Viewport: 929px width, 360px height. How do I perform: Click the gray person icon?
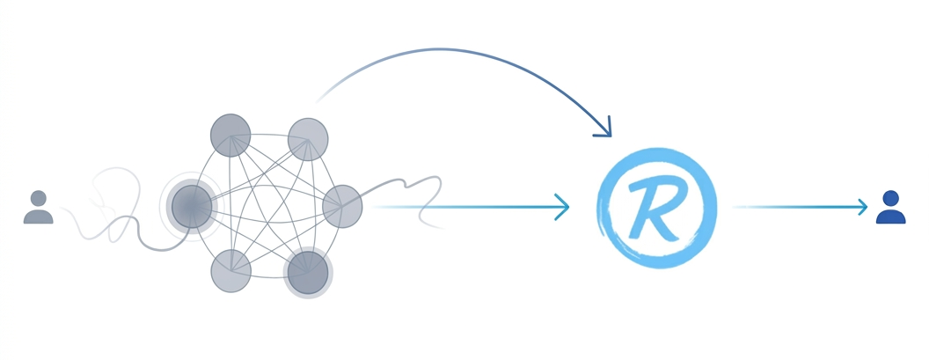(x=39, y=207)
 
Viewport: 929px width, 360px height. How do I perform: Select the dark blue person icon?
(x=890, y=207)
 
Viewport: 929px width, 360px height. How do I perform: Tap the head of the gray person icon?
(x=39, y=198)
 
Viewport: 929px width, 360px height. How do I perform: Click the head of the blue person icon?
(x=890, y=198)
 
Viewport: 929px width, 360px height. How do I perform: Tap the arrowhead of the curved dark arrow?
(x=604, y=129)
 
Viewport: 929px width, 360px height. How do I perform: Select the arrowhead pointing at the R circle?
(x=562, y=207)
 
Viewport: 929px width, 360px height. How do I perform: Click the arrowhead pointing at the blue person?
(x=862, y=207)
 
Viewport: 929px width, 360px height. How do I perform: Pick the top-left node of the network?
(x=230, y=136)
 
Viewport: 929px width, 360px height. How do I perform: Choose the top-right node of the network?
(x=308, y=139)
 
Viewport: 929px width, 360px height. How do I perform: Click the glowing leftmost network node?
(x=192, y=206)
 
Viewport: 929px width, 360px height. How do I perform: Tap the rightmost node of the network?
(x=342, y=206)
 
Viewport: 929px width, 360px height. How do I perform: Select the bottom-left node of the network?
(x=231, y=271)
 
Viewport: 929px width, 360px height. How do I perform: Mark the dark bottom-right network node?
(x=308, y=273)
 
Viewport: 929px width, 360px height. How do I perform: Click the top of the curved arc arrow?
(x=444, y=49)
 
